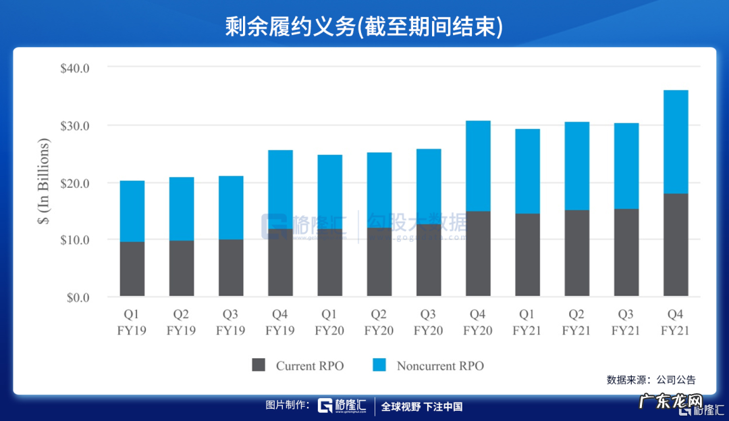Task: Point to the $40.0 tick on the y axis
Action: click(x=80, y=68)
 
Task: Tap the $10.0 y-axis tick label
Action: click(x=80, y=240)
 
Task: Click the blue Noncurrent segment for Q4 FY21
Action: click(x=676, y=142)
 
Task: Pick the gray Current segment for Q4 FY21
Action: click(x=676, y=245)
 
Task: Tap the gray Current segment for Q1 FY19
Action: click(x=132, y=269)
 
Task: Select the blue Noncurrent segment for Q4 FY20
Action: click(x=478, y=166)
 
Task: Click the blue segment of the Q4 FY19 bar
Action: click(x=280, y=189)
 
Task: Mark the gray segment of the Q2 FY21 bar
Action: click(x=577, y=253)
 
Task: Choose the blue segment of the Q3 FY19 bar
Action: click(x=231, y=207)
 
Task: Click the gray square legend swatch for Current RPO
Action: click(x=259, y=366)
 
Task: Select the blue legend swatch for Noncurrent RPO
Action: click(x=379, y=366)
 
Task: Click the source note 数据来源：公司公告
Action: click(x=651, y=380)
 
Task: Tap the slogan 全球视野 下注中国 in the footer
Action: click(x=422, y=407)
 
